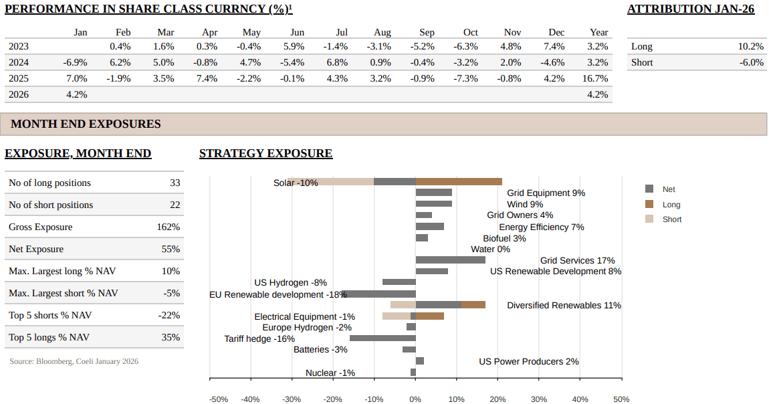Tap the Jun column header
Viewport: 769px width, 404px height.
click(x=298, y=32)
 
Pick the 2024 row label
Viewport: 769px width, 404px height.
click(x=19, y=62)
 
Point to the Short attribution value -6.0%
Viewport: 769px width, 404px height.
click(x=751, y=62)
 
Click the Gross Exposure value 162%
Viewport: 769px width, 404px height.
click(x=169, y=227)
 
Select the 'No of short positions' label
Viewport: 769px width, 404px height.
click(x=51, y=205)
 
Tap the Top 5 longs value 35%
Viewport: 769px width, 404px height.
click(x=171, y=337)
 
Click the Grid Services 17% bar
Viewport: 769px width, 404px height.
click(x=450, y=260)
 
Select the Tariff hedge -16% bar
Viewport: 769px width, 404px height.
click(x=382, y=338)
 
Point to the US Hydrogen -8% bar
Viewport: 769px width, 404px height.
click(x=399, y=282)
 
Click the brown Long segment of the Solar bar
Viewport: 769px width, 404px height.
click(x=459, y=181)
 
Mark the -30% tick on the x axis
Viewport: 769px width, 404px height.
click(x=292, y=399)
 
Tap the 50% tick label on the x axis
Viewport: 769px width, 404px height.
click(x=621, y=399)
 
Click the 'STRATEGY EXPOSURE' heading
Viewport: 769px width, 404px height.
click(x=265, y=153)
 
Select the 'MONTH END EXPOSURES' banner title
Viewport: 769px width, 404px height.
click(x=86, y=124)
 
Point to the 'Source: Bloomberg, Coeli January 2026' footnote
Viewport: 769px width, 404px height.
click(x=74, y=361)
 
